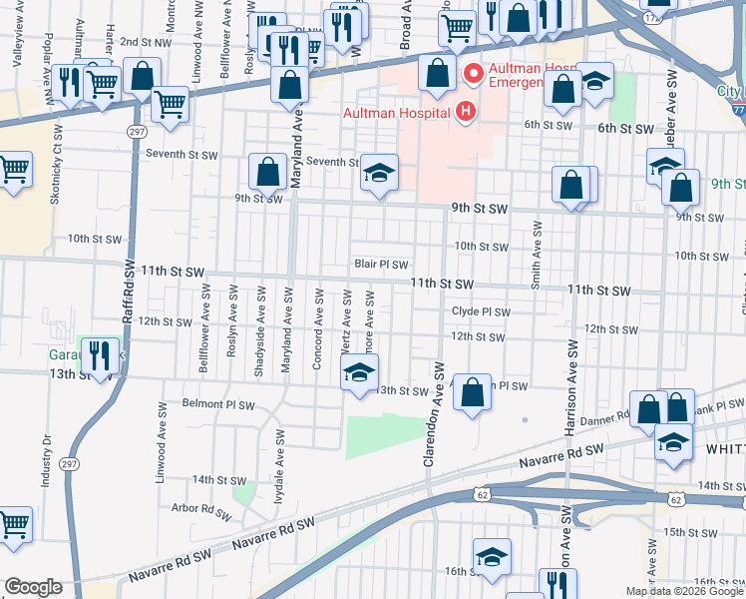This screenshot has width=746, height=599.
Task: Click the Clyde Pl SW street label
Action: [481, 311]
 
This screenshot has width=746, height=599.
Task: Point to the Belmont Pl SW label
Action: [218, 405]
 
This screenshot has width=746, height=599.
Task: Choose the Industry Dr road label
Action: [46, 460]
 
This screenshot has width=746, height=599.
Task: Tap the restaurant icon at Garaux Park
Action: [99, 356]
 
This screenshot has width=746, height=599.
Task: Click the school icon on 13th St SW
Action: [359, 375]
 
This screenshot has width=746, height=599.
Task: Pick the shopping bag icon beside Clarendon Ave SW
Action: [473, 391]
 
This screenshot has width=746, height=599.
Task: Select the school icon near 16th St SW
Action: [492, 558]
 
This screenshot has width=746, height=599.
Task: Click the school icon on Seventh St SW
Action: [379, 174]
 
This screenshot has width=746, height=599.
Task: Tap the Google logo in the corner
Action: [34, 587]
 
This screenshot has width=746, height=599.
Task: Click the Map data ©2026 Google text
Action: [684, 591]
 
